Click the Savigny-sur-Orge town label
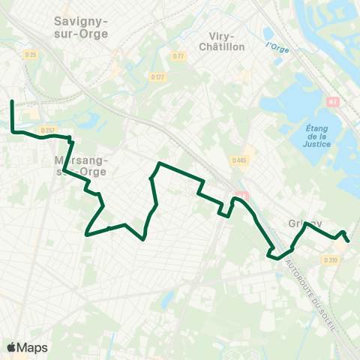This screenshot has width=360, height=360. (81, 28)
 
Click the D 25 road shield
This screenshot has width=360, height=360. (30, 55)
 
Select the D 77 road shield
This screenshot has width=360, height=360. (178, 56)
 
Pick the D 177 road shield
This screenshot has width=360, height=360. (157, 76)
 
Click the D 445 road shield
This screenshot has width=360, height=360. (239, 160)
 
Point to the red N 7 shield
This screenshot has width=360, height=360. (333, 100)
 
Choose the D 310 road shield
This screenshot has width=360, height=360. (331, 259)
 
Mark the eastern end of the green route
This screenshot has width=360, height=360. (349, 241)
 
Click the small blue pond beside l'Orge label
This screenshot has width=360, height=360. (268, 33)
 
